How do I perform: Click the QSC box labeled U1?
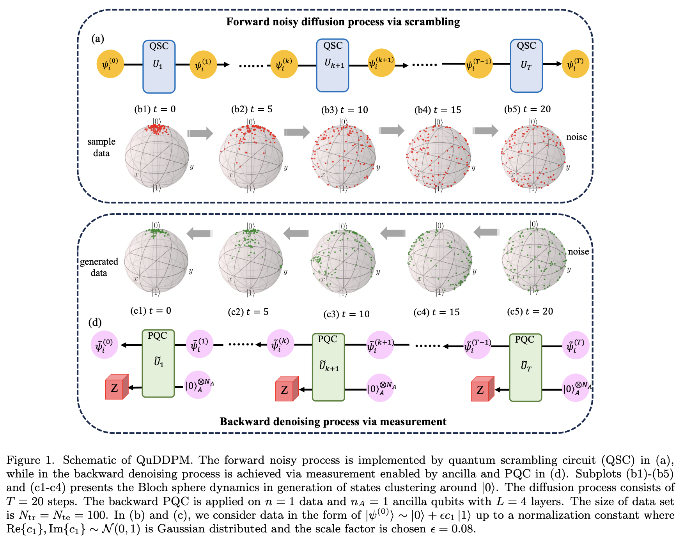coord(159,67)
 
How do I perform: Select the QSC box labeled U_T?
coord(526,66)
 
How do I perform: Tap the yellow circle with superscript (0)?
coord(110,64)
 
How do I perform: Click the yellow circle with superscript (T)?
coord(575,64)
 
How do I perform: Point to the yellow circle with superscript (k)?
coord(284,64)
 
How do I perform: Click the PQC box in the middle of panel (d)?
coord(328,367)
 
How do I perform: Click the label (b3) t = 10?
coord(344,110)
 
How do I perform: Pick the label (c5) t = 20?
coord(530,311)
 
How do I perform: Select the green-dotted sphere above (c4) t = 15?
coord(439,260)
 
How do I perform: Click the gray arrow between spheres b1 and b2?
coord(200,133)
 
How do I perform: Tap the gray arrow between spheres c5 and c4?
coord(487,233)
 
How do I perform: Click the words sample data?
coord(101,147)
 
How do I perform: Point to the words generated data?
coord(99,267)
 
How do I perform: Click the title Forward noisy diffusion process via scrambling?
coord(343,22)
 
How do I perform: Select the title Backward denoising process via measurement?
coord(333,422)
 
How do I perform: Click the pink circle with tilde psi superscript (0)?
coord(105,345)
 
